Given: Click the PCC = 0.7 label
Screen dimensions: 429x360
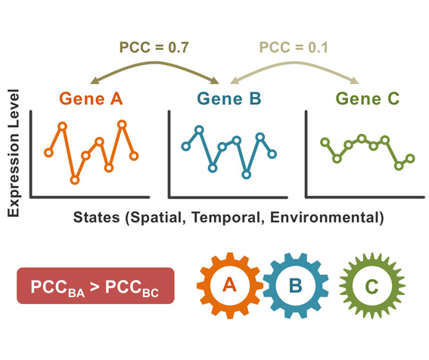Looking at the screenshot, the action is (154, 48).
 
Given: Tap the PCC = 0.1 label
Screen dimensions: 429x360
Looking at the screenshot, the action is (294, 48).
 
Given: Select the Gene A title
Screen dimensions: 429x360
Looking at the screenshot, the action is (91, 98).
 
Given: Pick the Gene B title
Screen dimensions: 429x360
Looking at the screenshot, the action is (229, 98).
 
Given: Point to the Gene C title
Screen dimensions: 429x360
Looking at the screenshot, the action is (368, 98).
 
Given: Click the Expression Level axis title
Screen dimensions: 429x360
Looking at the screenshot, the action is (13, 154).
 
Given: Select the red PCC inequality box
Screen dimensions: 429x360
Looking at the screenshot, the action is (95, 286).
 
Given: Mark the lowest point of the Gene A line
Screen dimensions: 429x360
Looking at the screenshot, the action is (75, 180).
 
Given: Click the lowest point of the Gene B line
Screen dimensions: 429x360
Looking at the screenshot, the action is (246, 175).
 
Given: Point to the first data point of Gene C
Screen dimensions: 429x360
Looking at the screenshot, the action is (325, 142).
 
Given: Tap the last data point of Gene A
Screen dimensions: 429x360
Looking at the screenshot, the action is (134, 156).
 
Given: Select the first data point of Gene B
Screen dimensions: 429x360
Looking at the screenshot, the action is (186, 147).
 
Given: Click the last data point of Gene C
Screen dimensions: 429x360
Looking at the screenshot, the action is (410, 158).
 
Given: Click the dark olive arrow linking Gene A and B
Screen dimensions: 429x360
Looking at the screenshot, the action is (155, 64).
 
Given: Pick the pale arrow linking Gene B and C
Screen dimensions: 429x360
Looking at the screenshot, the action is (294, 64).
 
